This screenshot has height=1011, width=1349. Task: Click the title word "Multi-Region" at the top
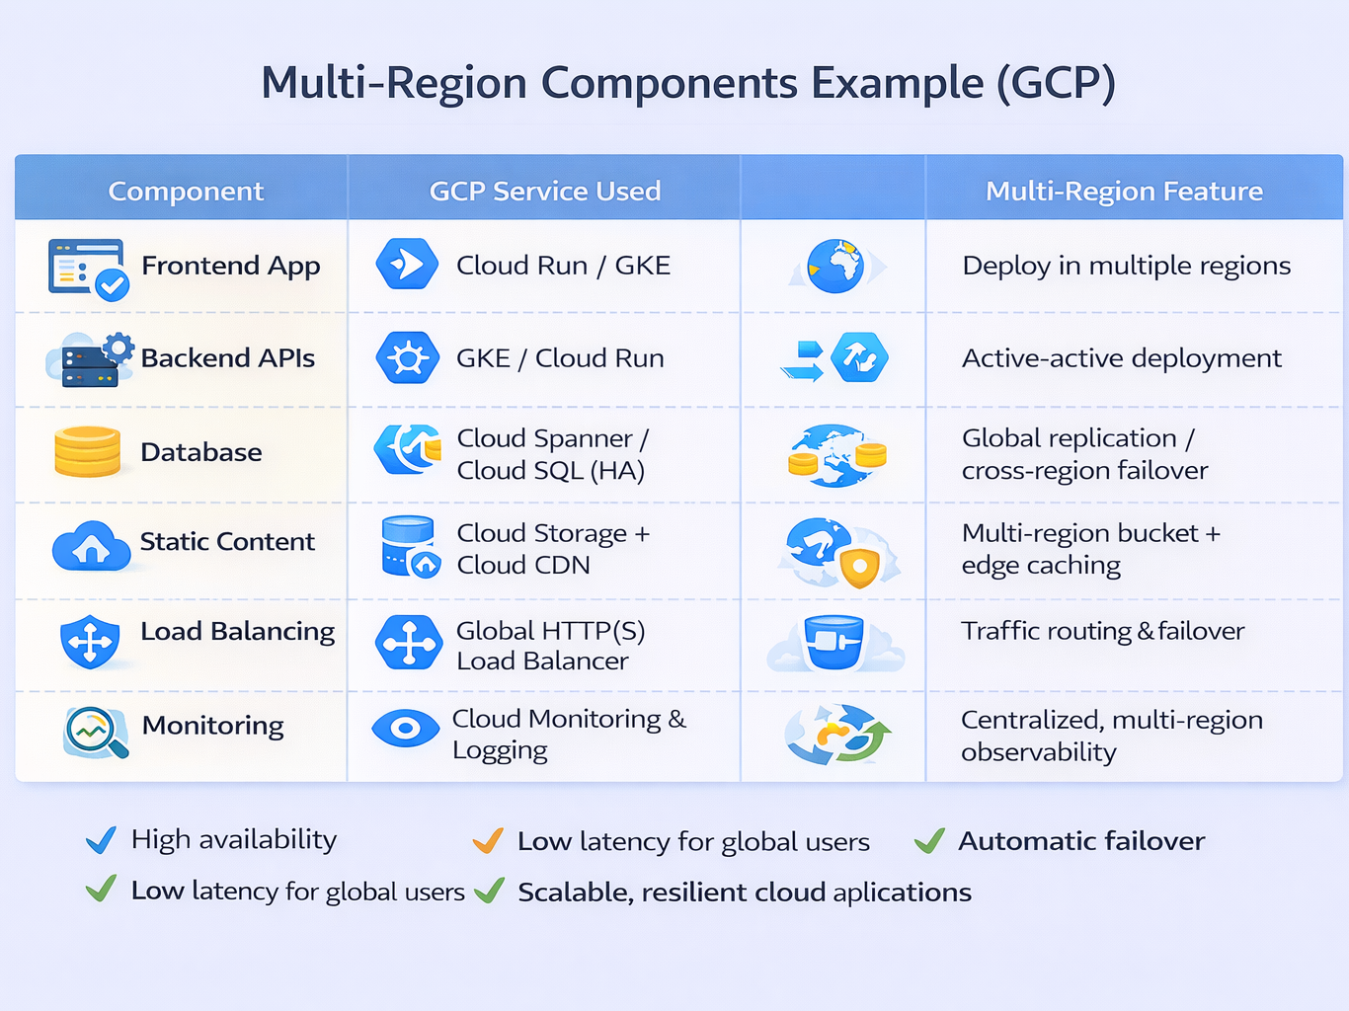point(394,83)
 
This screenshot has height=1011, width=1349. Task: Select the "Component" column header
point(186,191)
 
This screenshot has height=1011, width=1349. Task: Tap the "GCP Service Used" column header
point(544,191)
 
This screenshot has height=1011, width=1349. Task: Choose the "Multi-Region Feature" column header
point(1124,191)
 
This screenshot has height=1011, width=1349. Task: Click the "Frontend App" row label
point(230,266)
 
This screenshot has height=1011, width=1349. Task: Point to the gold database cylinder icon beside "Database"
point(87,451)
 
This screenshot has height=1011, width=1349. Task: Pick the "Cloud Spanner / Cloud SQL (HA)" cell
point(551,454)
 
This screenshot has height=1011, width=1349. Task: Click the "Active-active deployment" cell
point(1121,357)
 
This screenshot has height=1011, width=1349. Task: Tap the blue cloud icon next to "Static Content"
point(91,545)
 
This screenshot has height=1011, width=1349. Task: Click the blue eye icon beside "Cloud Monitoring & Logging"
point(405,729)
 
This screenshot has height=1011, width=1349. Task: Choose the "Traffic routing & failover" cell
point(1102,631)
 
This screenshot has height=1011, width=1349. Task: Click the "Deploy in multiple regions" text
point(1126,266)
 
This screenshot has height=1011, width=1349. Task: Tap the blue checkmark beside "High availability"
point(101,840)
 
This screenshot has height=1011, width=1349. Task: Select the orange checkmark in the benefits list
point(488,840)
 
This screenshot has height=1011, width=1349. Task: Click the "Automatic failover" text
point(1081,841)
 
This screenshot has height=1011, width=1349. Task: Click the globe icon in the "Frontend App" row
point(835,266)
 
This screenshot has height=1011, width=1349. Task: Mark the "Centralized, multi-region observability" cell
point(1111,736)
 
